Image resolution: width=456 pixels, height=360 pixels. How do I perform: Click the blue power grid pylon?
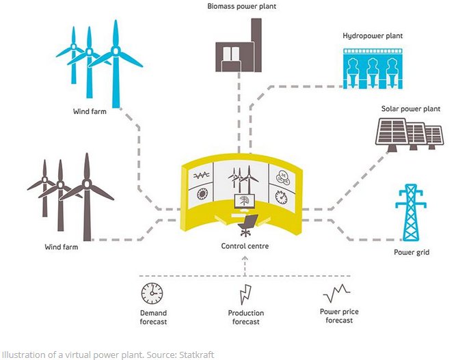tap(412, 212)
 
